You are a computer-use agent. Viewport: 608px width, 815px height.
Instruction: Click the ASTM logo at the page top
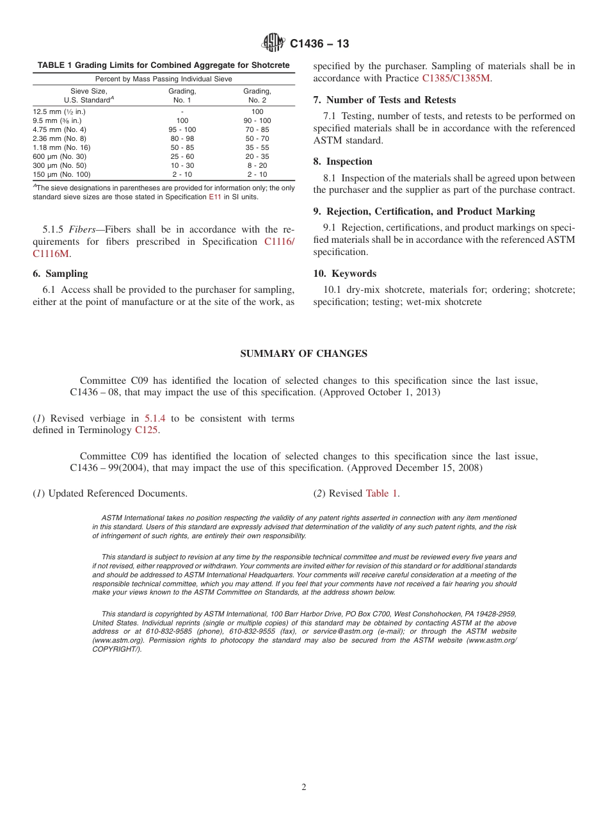coord(273,44)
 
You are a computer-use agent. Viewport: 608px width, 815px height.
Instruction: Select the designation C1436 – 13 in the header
coord(319,44)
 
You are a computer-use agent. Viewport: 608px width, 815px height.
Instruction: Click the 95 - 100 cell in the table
coord(182,129)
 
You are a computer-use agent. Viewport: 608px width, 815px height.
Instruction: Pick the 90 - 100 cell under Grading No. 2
coord(257,120)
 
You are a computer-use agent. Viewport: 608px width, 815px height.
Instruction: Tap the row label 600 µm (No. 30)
coord(60,156)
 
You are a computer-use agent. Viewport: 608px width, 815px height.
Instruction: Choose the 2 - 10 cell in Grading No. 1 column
coord(182,174)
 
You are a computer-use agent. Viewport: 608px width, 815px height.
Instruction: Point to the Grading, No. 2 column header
coord(257,95)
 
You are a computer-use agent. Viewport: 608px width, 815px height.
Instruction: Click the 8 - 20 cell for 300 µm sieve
coord(257,165)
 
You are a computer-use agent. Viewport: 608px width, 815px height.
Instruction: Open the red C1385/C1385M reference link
coord(456,78)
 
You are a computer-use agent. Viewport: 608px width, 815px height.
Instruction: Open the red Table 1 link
coord(381,493)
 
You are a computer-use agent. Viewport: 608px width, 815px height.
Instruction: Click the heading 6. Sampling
coord(60,274)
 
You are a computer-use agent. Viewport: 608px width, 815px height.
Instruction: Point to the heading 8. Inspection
coord(342,161)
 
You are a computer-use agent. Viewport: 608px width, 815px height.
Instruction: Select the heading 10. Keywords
coord(344,274)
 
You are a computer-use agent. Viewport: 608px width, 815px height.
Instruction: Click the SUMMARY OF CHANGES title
coord(303,354)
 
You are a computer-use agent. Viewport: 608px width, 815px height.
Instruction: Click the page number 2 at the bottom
coord(304,787)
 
